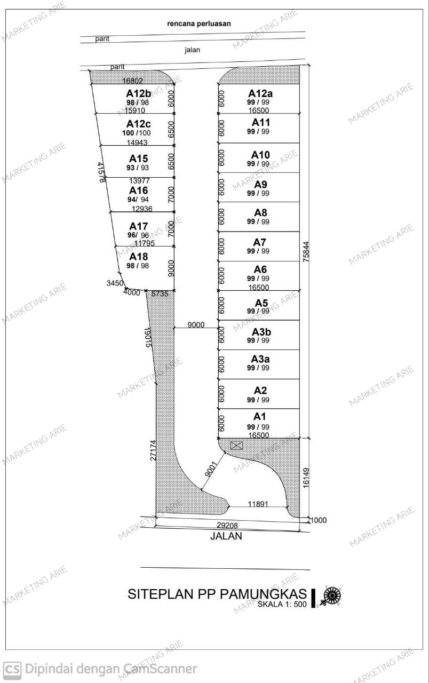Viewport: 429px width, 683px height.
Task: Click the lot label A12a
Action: [260, 93]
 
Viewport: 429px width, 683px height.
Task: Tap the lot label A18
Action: [138, 257]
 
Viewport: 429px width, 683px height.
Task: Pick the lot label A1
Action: [259, 417]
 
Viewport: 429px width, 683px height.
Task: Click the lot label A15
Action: [138, 158]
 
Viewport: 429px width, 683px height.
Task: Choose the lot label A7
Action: [259, 243]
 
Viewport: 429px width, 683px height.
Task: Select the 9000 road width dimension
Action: [195, 324]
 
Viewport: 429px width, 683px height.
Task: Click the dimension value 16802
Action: [132, 81]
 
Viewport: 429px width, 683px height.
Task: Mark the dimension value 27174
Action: [153, 451]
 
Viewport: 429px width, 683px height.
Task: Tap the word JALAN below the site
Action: [226, 536]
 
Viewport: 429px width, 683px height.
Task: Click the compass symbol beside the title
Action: [332, 595]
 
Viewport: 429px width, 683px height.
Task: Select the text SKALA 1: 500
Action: [282, 605]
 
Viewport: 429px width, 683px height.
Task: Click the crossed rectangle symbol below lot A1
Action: [236, 445]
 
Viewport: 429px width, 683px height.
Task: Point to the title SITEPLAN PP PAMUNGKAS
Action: [217, 594]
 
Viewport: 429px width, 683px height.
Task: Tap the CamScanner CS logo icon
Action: [12, 669]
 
